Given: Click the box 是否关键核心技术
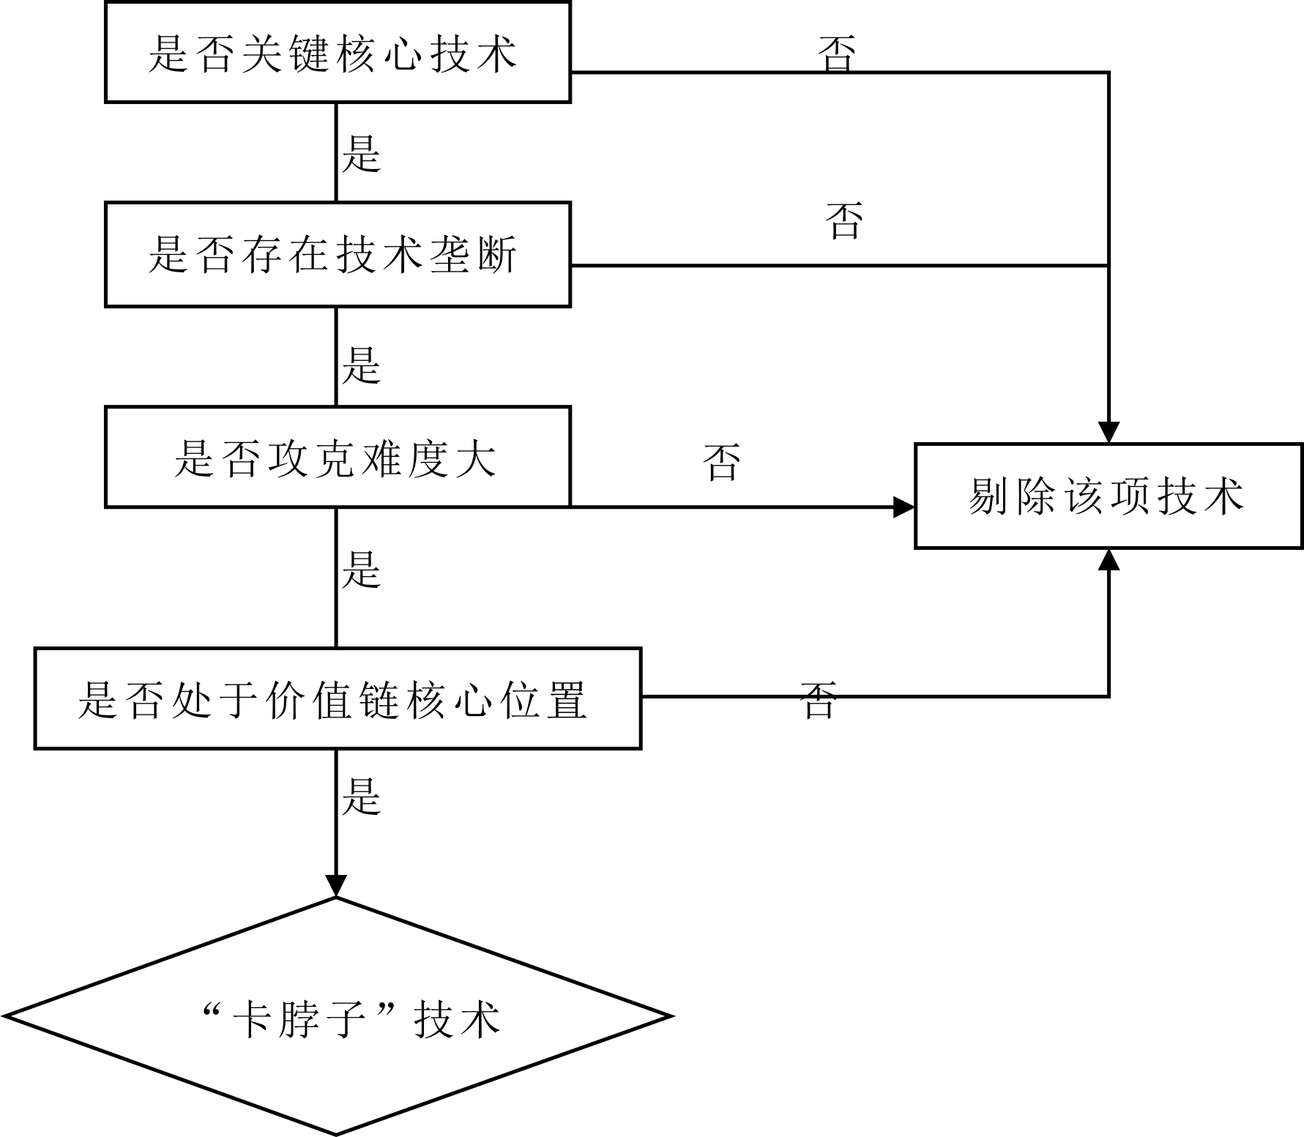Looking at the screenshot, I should [x=338, y=52].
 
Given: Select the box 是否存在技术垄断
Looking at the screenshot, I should [x=338, y=254].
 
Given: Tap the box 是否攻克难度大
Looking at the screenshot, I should [x=338, y=457].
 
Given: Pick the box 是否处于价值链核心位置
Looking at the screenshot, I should [x=338, y=698].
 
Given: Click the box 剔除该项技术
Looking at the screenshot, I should [x=1109, y=496].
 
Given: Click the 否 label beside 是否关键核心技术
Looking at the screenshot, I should [x=837, y=53].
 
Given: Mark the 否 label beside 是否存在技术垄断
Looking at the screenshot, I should [x=844, y=220].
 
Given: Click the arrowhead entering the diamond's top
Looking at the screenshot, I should [x=336, y=886].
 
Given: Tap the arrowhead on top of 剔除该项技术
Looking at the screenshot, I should [x=1109, y=432].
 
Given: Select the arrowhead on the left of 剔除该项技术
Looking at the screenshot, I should [x=904, y=507].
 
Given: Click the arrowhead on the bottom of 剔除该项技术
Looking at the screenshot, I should [x=1109, y=559].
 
